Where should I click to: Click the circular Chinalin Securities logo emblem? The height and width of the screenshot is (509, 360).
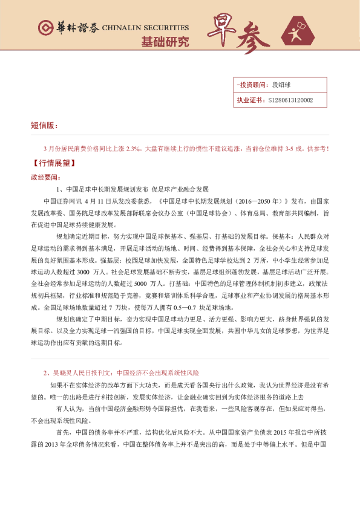point(44,28)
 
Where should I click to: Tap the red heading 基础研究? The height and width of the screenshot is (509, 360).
point(165,42)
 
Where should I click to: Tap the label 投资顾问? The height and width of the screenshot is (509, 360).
point(248,86)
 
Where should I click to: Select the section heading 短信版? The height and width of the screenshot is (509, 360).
point(44,125)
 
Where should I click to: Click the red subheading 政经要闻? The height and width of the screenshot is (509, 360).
point(45,178)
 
